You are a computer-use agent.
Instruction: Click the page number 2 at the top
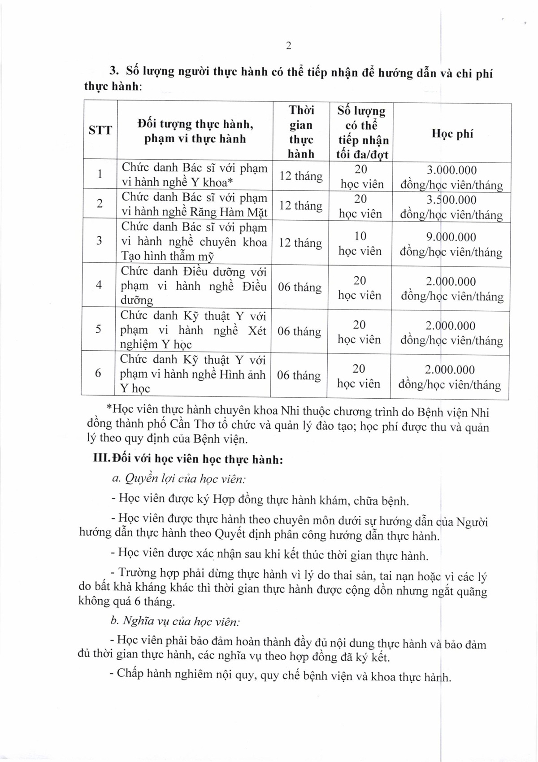coord(288,45)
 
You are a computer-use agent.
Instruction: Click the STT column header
coord(100,131)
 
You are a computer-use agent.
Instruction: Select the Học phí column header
coord(452,134)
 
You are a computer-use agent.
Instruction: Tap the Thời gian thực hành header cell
coord(301,132)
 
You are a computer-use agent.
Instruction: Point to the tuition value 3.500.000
coord(451,200)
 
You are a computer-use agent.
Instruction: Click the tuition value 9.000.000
coord(451,237)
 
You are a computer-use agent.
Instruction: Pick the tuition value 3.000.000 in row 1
coord(451,170)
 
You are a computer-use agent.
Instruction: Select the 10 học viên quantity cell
coord(360,244)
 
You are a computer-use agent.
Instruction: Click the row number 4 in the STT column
coord(99,285)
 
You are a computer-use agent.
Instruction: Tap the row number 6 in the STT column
coord(98,374)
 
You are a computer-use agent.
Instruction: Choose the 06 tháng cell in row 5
coord(299,331)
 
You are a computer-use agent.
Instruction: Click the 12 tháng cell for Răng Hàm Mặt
coord(300,205)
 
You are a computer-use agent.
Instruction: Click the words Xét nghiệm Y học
coord(193,337)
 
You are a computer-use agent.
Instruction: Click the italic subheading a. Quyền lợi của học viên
coord(178,479)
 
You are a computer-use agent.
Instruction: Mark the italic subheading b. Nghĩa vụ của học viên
coord(175,622)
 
